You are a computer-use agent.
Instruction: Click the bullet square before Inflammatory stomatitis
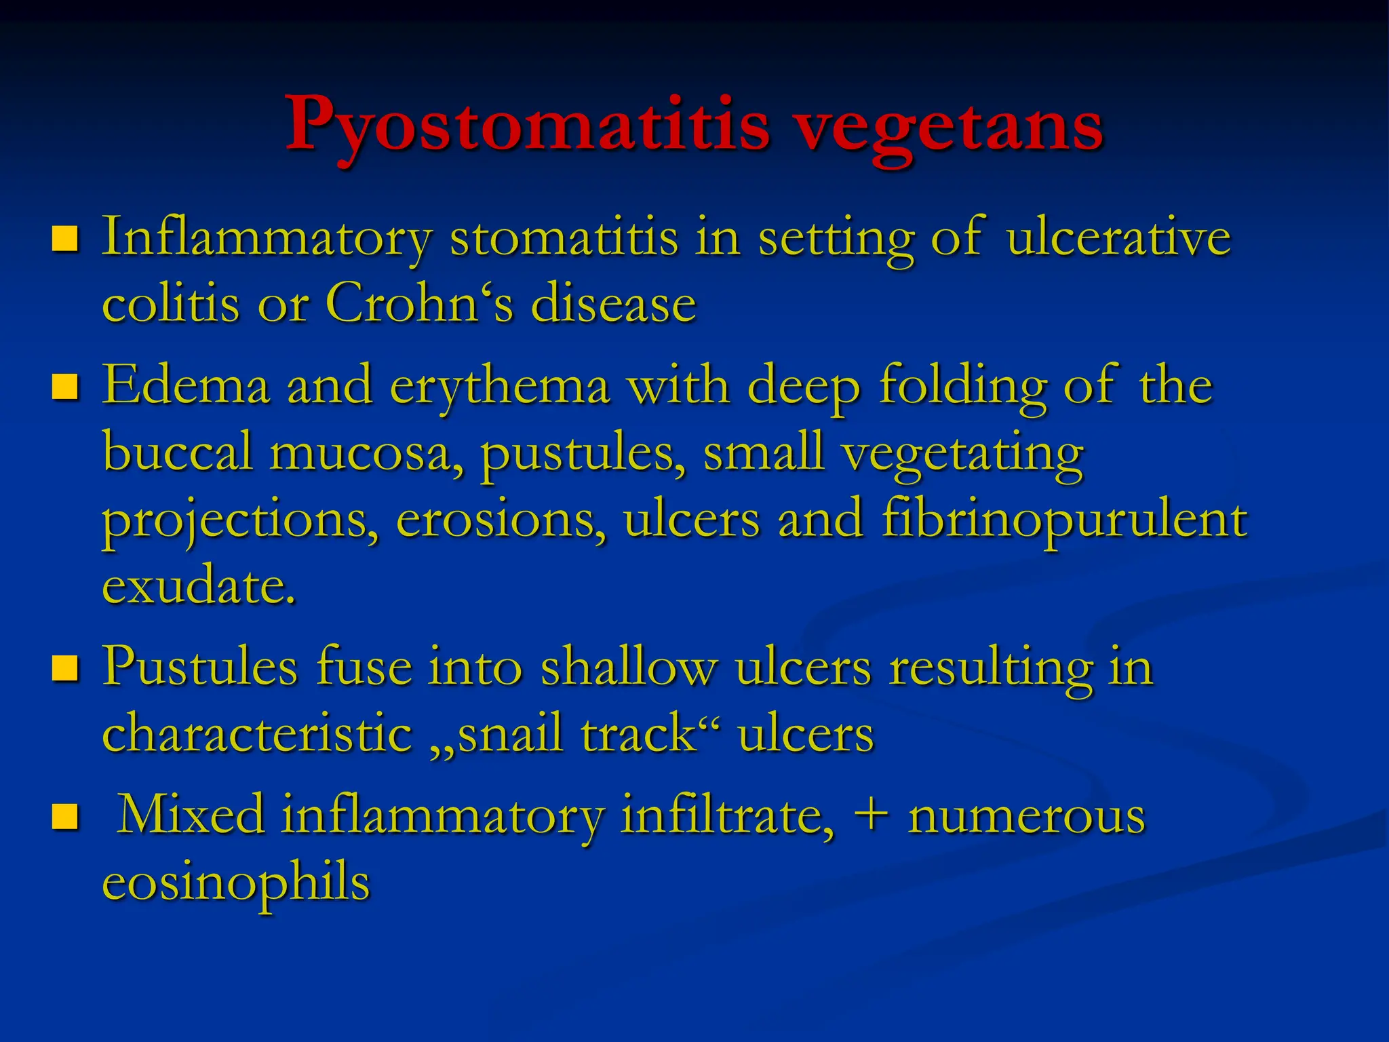pos(65,239)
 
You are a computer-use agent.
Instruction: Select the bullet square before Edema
pos(65,386)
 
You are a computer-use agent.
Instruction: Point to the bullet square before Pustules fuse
pos(65,668)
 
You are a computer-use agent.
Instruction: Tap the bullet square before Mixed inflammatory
pos(65,816)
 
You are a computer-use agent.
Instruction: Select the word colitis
pos(170,303)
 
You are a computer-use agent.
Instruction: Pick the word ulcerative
pos(1118,239)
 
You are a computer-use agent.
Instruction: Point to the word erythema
pos(500,386)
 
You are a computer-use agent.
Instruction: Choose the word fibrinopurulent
pos(1064,520)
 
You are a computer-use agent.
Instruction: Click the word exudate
pos(199,586)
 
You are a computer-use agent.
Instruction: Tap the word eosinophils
pos(236,882)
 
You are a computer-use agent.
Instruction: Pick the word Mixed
pos(191,815)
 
